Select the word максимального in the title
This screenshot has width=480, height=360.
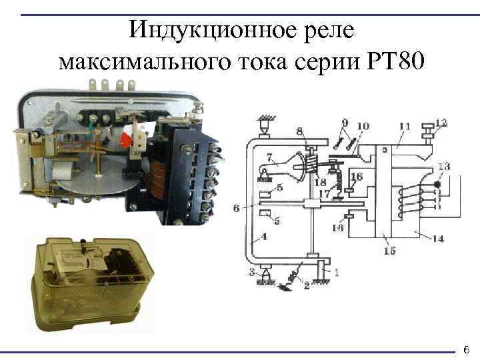tap(145, 62)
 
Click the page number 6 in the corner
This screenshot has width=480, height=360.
tap(467, 349)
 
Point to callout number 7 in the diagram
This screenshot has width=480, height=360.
tap(269, 157)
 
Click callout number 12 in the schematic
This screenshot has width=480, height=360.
tap(441, 123)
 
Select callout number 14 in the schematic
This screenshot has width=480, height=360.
tap(438, 239)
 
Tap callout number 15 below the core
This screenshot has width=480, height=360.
tap(390, 251)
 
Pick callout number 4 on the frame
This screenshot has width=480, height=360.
tap(264, 236)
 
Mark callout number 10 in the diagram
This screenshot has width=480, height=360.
tap(363, 126)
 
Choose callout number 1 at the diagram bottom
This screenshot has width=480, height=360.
tap(336, 272)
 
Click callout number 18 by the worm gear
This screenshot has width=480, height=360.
tap(321, 182)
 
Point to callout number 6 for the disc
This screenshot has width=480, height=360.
tap(236, 208)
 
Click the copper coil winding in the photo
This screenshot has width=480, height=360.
tap(157, 184)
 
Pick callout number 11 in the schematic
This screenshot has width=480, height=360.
tap(405, 127)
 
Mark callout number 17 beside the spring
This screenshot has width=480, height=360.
tap(325, 194)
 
